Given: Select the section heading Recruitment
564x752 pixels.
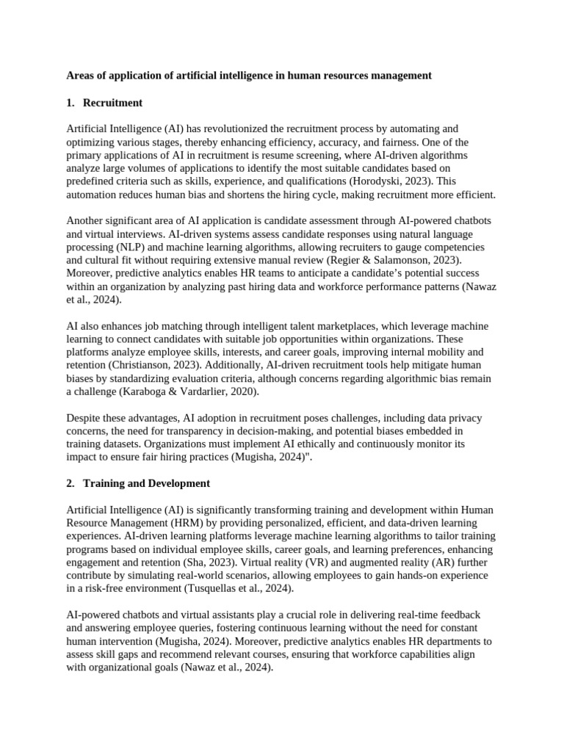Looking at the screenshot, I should [x=112, y=102].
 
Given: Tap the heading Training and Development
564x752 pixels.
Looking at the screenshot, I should [x=146, y=483].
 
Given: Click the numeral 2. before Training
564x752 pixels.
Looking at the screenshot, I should [x=70, y=483].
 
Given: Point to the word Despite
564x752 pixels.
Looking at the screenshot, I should [x=84, y=418].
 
